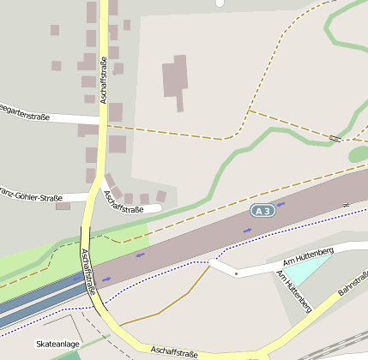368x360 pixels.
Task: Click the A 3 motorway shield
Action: (x=262, y=211)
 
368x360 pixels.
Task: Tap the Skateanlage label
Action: (x=58, y=344)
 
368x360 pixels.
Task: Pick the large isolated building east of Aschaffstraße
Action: (x=176, y=79)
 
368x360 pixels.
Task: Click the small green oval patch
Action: (x=359, y=154)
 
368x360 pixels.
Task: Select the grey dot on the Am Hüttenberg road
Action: (x=236, y=273)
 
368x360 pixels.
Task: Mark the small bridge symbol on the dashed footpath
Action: (x=335, y=137)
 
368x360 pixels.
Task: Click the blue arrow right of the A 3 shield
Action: (x=281, y=205)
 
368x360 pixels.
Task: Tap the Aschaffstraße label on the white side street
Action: (x=122, y=202)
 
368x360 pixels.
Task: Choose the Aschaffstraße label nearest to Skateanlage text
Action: (x=175, y=351)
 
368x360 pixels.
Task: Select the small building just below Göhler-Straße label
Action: (x=63, y=207)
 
